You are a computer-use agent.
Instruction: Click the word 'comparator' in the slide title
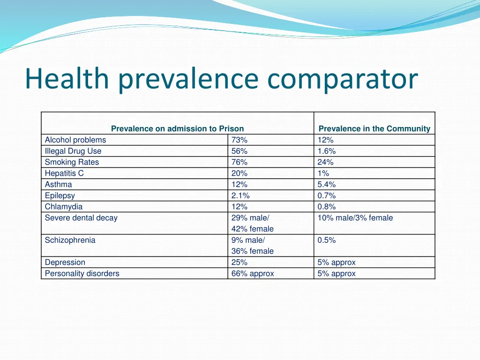point(342,79)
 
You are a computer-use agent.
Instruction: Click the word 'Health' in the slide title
point(67,79)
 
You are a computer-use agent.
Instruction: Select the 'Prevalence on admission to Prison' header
point(177,128)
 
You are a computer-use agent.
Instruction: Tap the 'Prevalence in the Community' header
point(374,128)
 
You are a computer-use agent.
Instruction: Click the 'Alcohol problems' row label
point(75,140)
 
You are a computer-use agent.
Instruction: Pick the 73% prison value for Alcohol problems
point(240,140)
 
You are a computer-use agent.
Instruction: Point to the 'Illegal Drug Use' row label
point(73,151)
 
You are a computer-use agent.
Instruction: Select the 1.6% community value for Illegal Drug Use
point(327,151)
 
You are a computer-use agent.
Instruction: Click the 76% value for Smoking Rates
point(240,162)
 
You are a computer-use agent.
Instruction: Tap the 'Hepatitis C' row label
point(64,173)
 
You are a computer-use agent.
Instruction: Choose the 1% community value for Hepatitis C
point(323,173)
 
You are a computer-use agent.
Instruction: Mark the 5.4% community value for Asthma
point(327,185)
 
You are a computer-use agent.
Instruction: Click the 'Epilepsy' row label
point(60,195)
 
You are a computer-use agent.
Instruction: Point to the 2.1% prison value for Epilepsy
point(240,195)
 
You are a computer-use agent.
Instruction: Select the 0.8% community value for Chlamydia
point(327,207)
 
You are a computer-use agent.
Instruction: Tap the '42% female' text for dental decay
point(253,229)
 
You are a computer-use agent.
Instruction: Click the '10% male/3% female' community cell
point(355,217)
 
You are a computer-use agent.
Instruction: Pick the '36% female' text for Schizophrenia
point(253,251)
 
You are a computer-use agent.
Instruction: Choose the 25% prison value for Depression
point(240,262)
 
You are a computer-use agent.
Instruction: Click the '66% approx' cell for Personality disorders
point(253,273)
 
